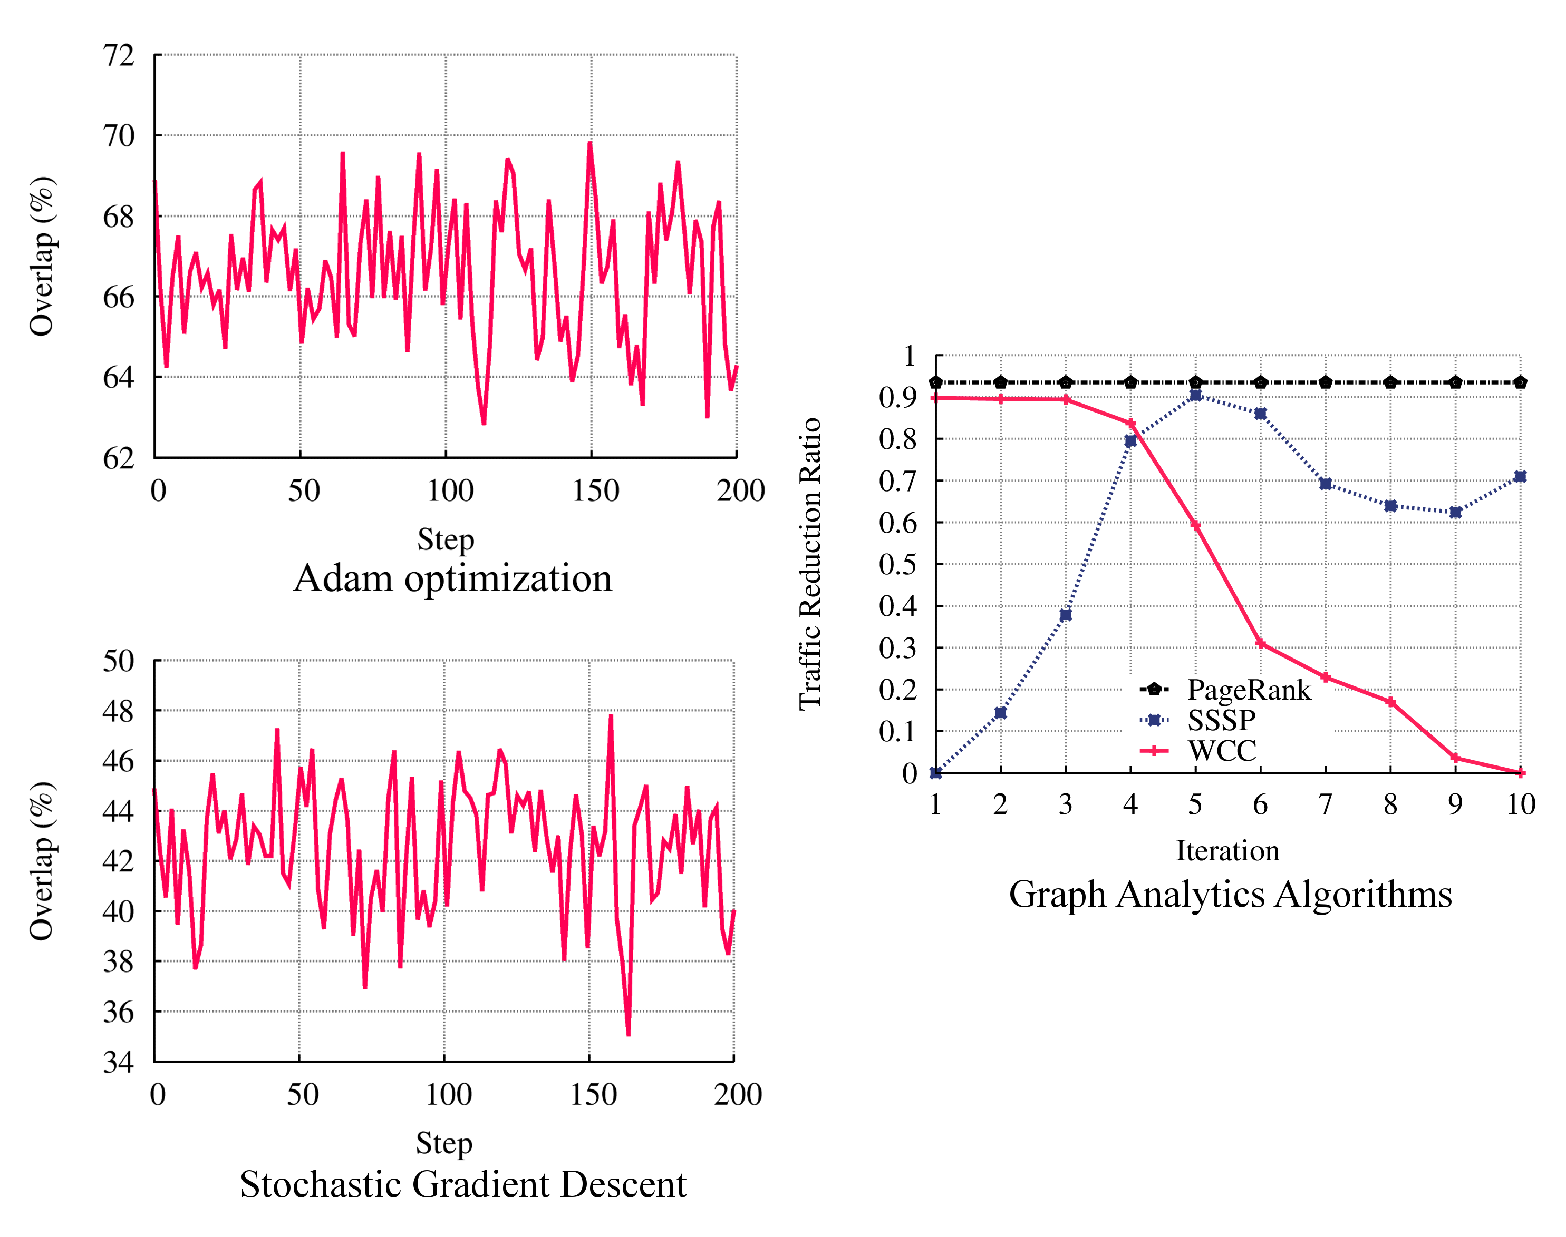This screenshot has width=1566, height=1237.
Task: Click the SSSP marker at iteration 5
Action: coord(1196,396)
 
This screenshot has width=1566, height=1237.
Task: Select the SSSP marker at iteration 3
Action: coord(1065,615)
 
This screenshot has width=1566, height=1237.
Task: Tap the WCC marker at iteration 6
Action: coord(1260,643)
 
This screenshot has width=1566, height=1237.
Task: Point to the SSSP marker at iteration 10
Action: coord(1520,477)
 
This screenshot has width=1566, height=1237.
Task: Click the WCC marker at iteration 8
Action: coord(1390,702)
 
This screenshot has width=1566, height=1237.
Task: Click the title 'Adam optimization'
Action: coord(452,578)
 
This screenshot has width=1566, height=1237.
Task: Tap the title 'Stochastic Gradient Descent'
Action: coord(463,1184)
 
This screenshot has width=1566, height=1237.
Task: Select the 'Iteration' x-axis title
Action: coord(1227,850)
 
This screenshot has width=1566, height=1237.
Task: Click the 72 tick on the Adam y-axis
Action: coord(119,56)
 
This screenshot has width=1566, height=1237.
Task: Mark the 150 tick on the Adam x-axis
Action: coord(596,491)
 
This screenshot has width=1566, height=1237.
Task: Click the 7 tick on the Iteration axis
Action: coord(1326,804)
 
